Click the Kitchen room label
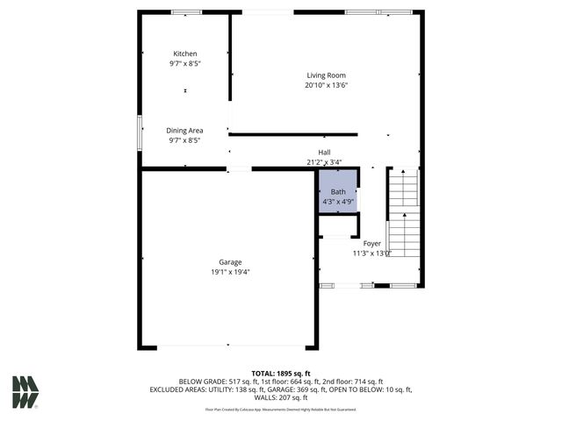184,54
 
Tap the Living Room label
326,75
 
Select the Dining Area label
184,130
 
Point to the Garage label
230,261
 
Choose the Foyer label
372,243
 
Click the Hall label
324,152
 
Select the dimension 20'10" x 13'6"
326,86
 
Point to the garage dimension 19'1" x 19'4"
230,272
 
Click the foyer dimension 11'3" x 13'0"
372,253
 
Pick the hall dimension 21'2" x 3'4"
324,162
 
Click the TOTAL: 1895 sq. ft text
281,373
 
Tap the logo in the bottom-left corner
25,392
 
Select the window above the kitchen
185,12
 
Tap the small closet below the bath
336,225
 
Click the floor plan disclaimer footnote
281,409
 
